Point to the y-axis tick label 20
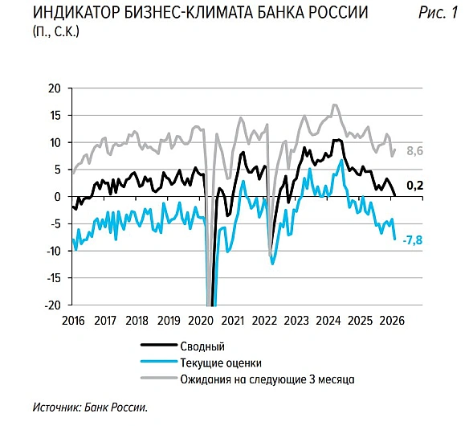[x=54, y=88]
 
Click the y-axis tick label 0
[x=57, y=197]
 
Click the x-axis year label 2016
[x=74, y=319]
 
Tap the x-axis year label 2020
[x=201, y=319]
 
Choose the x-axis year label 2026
[x=391, y=319]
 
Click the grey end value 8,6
[x=415, y=151]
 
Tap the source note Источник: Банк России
[x=92, y=407]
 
